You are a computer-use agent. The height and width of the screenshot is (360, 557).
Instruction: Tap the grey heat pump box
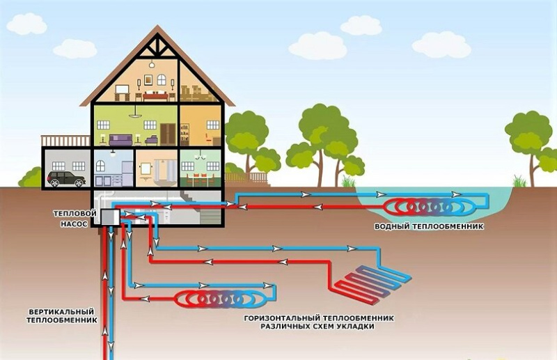coord(109,217)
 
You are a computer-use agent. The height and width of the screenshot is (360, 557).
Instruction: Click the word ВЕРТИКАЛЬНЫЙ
coord(62,311)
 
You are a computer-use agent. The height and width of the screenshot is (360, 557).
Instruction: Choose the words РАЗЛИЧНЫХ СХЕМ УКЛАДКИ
coord(321,326)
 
